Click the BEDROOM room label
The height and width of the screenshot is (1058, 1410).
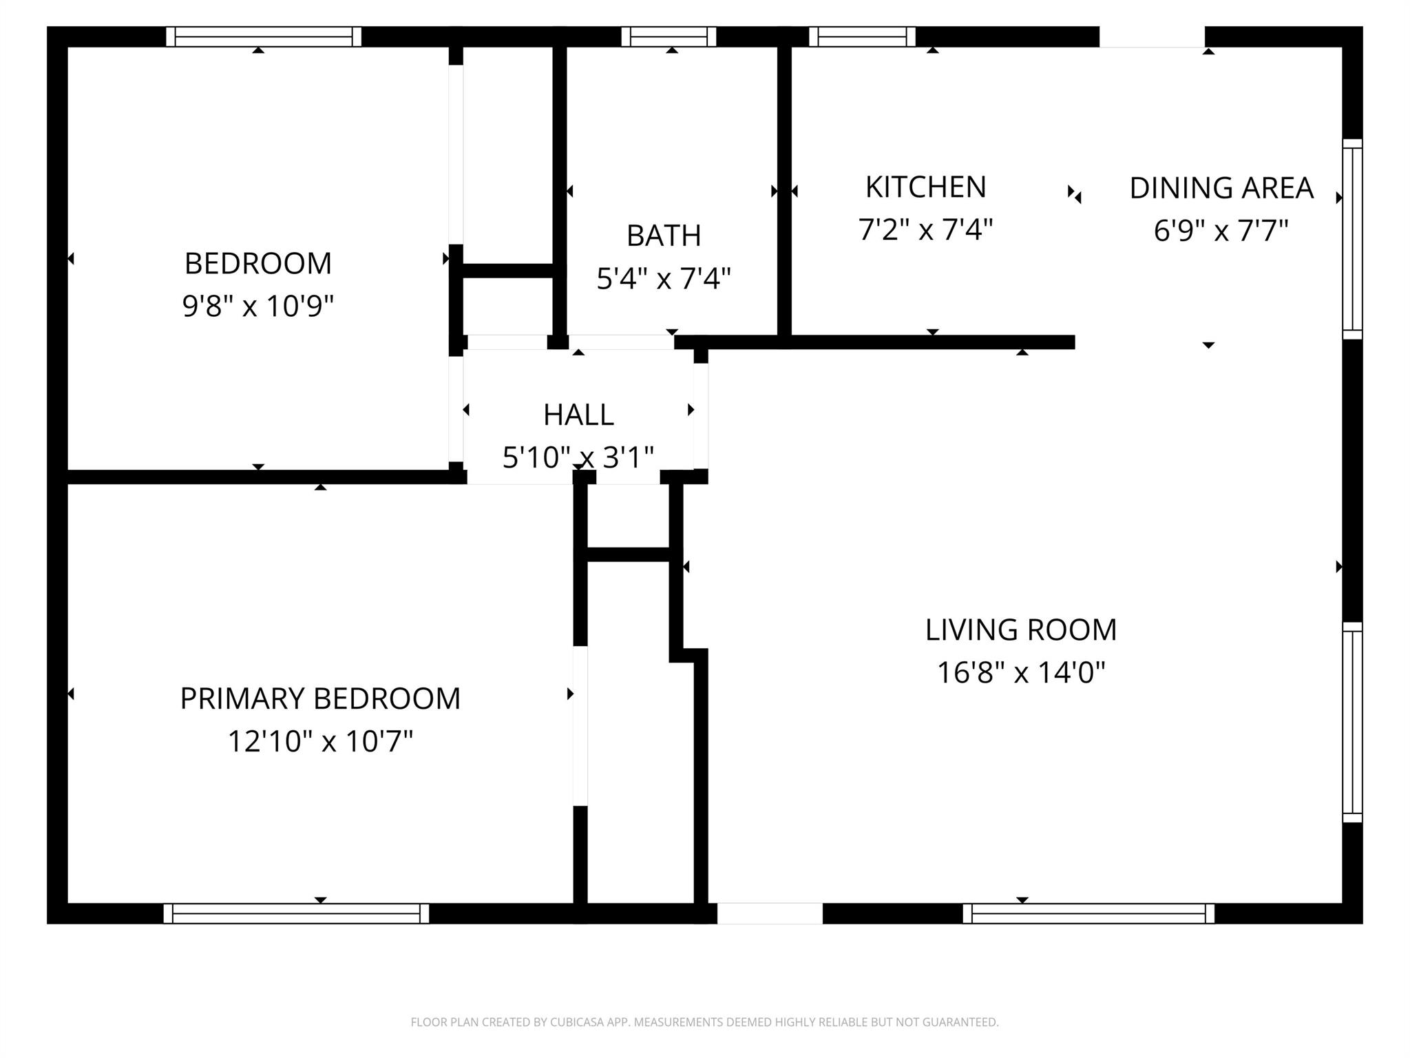(x=257, y=263)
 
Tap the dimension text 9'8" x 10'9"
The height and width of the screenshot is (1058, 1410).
(x=257, y=305)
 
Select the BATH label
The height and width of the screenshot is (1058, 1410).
(x=664, y=236)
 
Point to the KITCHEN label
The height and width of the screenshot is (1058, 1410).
(x=925, y=187)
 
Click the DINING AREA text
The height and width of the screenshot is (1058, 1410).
(x=1221, y=188)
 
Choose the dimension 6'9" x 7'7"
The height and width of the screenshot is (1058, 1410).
(x=1221, y=231)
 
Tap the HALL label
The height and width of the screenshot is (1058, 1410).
(x=578, y=415)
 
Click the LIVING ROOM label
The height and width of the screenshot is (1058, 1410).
(x=1020, y=630)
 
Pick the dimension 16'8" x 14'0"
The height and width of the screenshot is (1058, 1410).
(x=1020, y=672)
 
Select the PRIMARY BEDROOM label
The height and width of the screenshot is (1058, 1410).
(x=320, y=698)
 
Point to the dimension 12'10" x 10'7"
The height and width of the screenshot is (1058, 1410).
(x=320, y=742)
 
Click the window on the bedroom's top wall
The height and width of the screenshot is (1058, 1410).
(x=264, y=37)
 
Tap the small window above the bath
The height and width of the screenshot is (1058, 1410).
(x=669, y=37)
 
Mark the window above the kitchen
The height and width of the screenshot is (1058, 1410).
(x=862, y=37)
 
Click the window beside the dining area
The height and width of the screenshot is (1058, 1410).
(x=1352, y=239)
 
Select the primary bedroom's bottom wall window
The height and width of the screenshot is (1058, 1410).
(x=296, y=913)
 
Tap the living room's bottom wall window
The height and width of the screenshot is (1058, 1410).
(x=1088, y=913)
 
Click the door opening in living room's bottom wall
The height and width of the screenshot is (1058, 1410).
(x=770, y=913)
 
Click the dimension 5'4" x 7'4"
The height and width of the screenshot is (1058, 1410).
(x=664, y=279)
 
